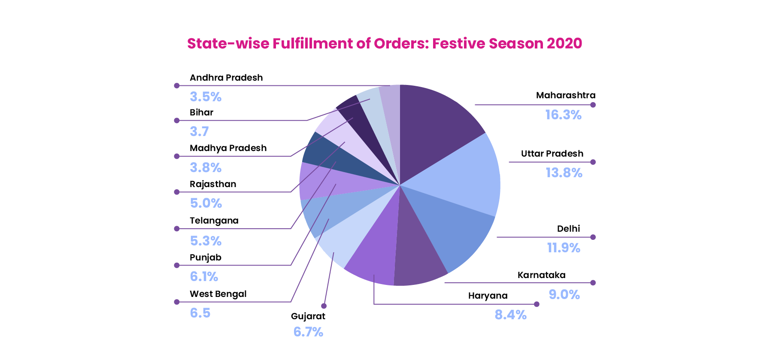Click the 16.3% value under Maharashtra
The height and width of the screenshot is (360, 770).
coord(563,115)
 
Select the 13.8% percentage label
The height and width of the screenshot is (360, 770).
coord(564,173)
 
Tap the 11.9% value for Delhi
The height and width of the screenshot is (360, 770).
coord(563,248)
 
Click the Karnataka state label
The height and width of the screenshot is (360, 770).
coord(541,275)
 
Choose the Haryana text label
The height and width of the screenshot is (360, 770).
coord(488,296)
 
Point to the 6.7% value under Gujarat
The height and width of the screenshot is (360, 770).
coord(308,332)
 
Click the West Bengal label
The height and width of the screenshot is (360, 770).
coord(218,294)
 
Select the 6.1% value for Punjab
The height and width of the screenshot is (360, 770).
coord(204,277)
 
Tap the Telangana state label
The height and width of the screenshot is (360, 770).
coord(214,221)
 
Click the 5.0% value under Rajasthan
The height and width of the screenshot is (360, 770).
coord(206,203)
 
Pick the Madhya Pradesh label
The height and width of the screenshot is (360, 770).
coord(228,148)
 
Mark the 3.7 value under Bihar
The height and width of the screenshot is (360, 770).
coord(199,132)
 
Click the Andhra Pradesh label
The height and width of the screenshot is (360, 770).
coord(226,78)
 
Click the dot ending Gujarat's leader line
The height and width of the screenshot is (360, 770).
coord(324,306)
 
